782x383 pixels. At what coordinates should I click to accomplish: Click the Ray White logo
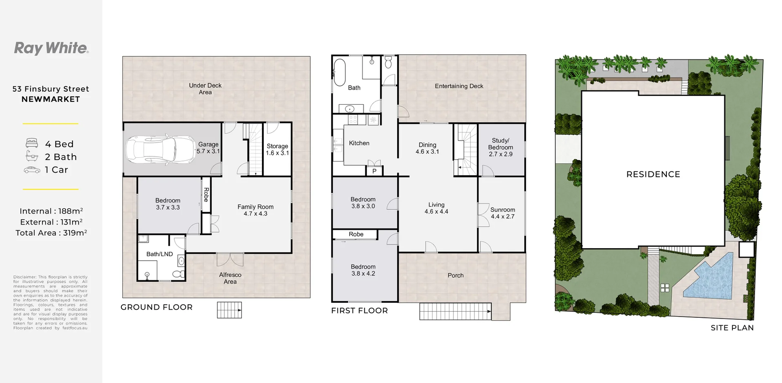pos(51,48)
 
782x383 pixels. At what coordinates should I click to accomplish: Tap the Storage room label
pos(277,150)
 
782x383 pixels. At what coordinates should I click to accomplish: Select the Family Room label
pos(255,210)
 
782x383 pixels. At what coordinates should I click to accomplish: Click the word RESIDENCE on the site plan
pos(653,174)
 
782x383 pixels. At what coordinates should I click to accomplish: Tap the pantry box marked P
pos(374,171)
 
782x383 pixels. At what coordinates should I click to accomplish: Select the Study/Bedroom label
pos(501,147)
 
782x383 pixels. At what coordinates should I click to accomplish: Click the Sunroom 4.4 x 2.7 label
pos(503,213)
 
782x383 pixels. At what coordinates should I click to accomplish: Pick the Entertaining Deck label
pos(459,86)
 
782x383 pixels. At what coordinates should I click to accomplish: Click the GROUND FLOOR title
pos(156,307)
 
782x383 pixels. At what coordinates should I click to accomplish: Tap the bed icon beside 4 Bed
pos(32,143)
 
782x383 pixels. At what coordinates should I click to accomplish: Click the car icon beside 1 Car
pos(32,170)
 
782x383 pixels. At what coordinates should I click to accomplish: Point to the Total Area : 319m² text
pos(51,233)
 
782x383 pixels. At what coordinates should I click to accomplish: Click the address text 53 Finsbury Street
pos(51,89)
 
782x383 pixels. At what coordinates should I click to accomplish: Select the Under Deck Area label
pos(205,89)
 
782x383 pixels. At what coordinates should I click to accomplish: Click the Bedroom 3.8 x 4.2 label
pos(363,270)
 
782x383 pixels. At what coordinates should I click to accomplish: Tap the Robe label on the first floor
pos(356,234)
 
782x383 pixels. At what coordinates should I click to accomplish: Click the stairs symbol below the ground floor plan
pos(229,310)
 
